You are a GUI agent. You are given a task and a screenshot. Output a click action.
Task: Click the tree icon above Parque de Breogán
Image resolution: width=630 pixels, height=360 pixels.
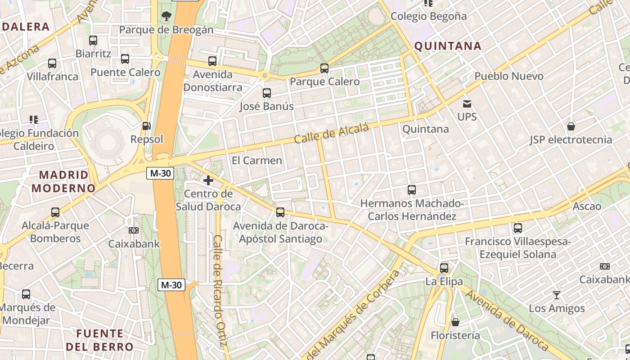pyautogui.click(x=166, y=17)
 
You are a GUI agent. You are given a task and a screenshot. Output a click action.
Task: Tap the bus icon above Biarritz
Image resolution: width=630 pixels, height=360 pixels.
pyautogui.click(x=93, y=40)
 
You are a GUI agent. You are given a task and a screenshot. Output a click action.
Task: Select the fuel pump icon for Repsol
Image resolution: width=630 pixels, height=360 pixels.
pyautogui.click(x=146, y=126)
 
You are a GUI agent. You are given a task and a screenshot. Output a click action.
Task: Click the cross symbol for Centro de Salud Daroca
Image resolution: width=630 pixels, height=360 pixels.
pyautogui.click(x=208, y=181)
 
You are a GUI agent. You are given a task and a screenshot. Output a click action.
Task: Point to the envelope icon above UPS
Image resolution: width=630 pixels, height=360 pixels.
pyautogui.click(x=467, y=104)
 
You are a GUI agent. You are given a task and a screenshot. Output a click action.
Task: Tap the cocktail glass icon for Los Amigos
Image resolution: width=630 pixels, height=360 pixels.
pyautogui.click(x=557, y=295)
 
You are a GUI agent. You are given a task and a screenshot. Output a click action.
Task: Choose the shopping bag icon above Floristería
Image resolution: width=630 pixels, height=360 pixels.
pyautogui.click(x=455, y=322)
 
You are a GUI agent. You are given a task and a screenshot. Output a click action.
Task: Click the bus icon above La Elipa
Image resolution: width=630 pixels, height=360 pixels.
pyautogui.click(x=444, y=268)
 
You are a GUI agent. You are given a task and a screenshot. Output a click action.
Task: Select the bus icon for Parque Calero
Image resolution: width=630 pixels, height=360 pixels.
pyautogui.click(x=324, y=68)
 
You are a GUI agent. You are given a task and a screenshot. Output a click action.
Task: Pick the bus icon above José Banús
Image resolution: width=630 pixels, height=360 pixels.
pyautogui.click(x=267, y=93)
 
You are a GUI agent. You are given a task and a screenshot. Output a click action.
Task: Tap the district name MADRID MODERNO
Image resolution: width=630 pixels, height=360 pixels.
pyautogui.click(x=63, y=181)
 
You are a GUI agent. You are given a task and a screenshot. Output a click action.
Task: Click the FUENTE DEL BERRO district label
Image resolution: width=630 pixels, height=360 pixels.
pyautogui.click(x=99, y=340)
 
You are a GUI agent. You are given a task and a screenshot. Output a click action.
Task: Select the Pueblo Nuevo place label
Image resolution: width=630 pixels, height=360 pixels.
pyautogui.click(x=509, y=76)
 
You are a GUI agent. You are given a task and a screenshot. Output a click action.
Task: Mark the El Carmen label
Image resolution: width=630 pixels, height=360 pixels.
pyautogui.click(x=257, y=161)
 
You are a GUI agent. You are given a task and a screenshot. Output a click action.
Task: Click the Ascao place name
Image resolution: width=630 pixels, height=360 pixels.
pyautogui.click(x=587, y=207)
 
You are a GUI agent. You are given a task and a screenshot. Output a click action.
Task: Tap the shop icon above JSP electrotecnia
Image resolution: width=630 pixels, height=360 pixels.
pyautogui.click(x=571, y=126)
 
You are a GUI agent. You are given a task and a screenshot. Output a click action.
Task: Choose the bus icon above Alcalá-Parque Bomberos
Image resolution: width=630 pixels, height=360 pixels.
pyautogui.click(x=55, y=212)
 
